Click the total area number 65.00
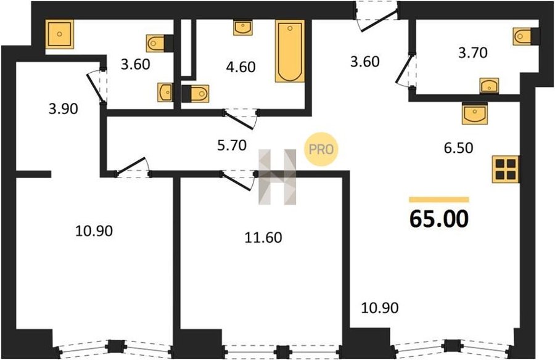[x=439, y=219]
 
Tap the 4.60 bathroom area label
[x=240, y=67]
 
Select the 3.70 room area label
[x=473, y=53]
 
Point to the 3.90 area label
[x=64, y=108]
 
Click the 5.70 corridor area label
[x=232, y=145]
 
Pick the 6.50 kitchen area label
[x=459, y=147]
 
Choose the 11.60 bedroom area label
[x=263, y=237]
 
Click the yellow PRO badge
[x=321, y=149]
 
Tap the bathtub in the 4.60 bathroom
[x=290, y=51]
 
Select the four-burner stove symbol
[x=506, y=169]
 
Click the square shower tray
[x=59, y=34]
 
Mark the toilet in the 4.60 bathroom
[x=195, y=94]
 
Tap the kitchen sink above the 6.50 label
[x=475, y=113]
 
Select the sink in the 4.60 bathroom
[x=243, y=27]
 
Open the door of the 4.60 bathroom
[x=240, y=118]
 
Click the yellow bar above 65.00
[x=439, y=200]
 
